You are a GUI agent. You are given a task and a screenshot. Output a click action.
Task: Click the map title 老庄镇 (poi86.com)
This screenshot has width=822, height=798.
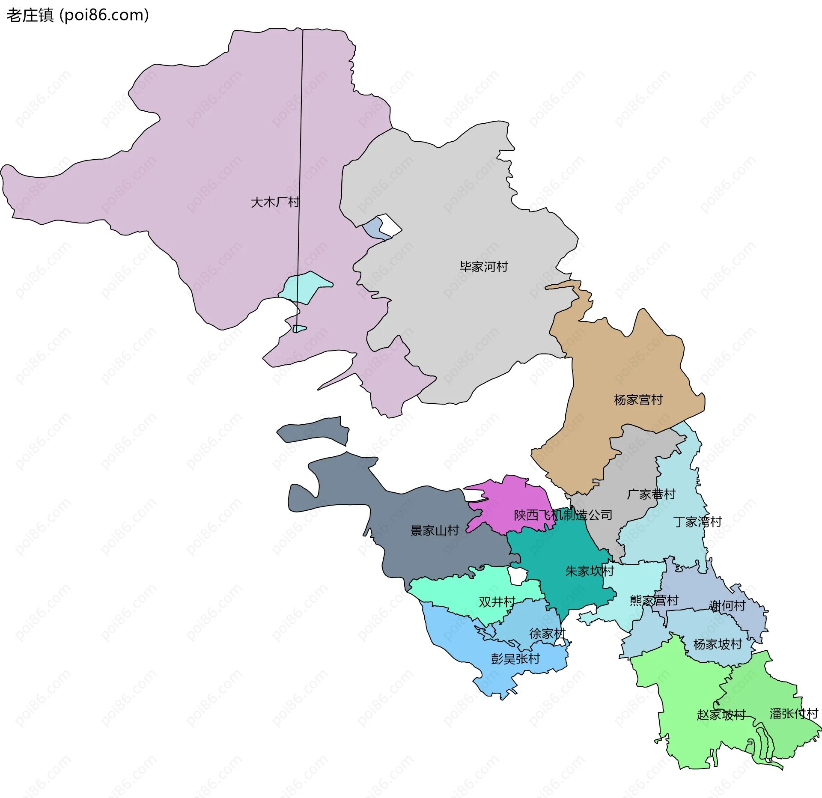point(77,15)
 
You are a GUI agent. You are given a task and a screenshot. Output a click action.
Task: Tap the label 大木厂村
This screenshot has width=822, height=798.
point(275,202)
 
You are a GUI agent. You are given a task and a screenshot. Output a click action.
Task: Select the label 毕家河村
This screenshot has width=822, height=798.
point(484,267)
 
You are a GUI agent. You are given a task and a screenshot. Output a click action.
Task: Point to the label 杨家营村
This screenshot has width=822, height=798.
point(638,400)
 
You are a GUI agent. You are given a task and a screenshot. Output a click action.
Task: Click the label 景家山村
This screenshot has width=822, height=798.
point(435,531)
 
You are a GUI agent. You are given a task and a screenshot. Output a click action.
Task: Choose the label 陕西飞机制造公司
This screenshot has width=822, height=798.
point(563,515)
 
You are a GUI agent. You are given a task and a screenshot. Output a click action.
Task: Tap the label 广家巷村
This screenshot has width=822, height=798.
point(651,494)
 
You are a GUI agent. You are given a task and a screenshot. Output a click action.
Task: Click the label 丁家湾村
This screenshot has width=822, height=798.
point(697,522)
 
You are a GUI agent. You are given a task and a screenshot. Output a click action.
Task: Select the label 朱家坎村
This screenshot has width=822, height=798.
point(590,571)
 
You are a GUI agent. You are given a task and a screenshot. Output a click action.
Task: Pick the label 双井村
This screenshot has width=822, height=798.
point(497,602)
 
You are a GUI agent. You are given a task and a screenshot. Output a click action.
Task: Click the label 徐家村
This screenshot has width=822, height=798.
point(547,634)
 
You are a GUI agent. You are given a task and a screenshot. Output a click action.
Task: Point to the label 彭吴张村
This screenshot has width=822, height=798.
point(515,659)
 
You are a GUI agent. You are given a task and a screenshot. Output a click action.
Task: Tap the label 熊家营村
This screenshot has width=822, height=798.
point(654,601)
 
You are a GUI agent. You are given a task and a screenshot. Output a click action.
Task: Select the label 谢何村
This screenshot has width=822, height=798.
point(727,606)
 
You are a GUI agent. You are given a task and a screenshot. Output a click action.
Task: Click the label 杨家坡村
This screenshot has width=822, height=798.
point(718,644)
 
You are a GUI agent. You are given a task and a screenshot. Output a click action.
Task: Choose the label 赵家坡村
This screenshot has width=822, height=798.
point(721,715)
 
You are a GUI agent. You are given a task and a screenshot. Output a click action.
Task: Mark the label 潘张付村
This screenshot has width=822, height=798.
point(794,714)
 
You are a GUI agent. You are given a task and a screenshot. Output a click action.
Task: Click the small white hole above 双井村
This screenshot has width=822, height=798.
point(518,576)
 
